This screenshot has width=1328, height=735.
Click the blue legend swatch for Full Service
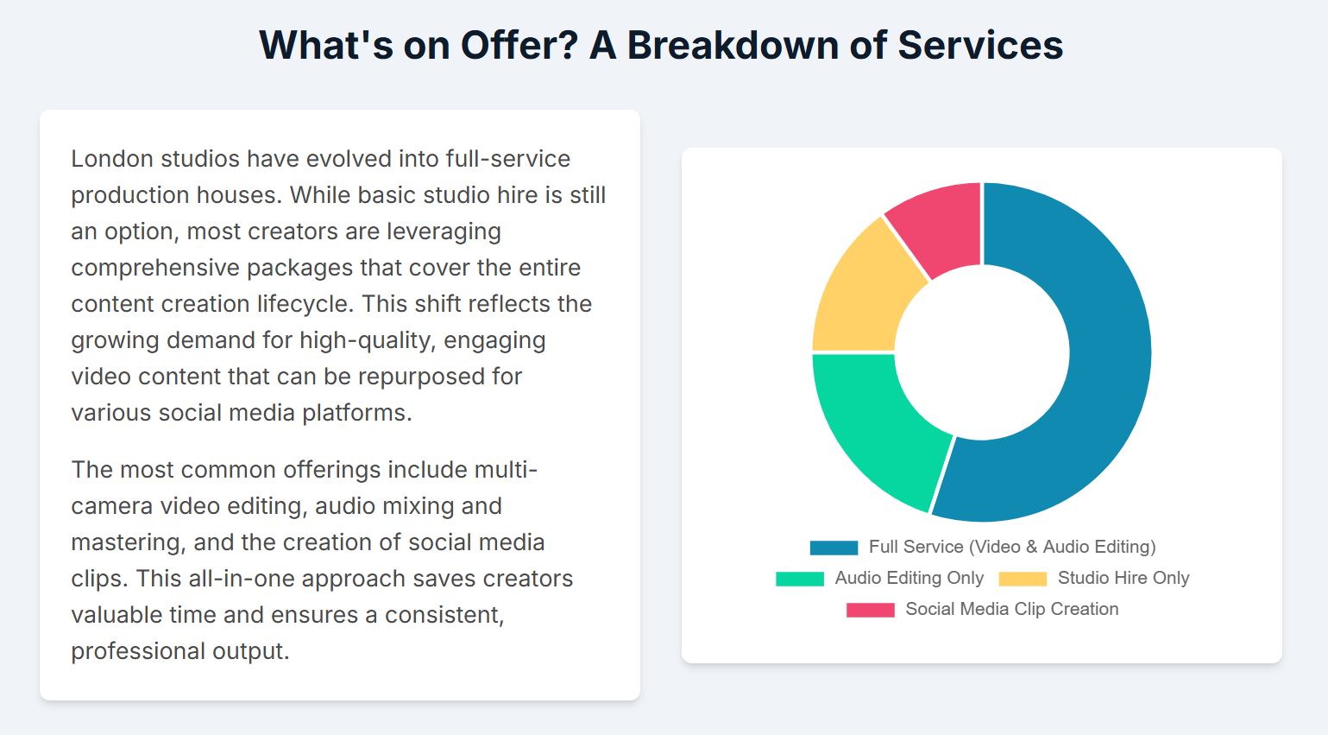(x=834, y=548)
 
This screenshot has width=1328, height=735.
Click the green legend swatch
(x=800, y=579)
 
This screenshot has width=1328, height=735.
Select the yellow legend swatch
(x=1023, y=579)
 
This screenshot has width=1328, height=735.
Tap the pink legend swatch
(x=871, y=610)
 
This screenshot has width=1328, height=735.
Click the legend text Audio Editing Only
(x=909, y=578)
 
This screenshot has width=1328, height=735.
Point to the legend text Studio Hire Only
(x=1123, y=578)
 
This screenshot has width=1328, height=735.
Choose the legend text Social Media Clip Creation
(x=1012, y=609)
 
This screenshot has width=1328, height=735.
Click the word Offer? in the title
(x=519, y=45)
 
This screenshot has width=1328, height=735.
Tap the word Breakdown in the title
(x=733, y=45)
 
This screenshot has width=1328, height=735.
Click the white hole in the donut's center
(x=982, y=352)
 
